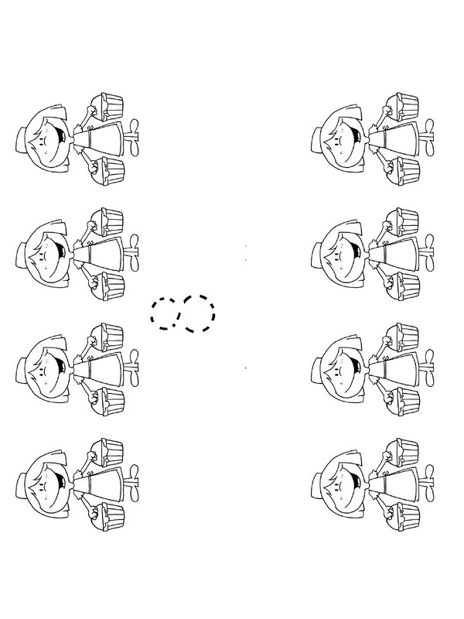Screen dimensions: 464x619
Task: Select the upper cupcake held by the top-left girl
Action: click(107, 106)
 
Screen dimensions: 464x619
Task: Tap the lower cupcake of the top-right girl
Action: click(402, 170)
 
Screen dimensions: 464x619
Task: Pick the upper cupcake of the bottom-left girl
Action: click(107, 452)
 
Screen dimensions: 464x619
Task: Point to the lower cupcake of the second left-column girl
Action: click(107, 286)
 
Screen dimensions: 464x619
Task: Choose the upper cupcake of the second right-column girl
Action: click(401, 221)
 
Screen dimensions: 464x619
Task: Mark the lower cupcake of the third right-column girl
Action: click(402, 401)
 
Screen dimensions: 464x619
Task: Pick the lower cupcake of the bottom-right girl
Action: click(402, 516)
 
